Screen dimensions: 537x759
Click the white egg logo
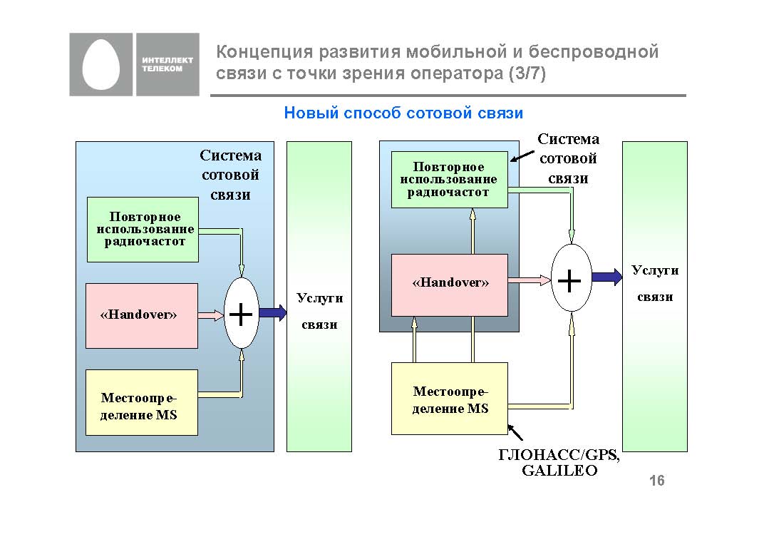point(101,64)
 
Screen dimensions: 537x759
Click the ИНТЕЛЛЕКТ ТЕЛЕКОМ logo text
point(162,64)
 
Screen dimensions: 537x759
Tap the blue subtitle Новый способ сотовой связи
point(403,113)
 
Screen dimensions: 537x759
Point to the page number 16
point(656,481)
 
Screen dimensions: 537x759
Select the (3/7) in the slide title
point(527,74)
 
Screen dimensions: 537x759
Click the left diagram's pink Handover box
point(141,315)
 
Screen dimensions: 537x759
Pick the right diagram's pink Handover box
point(450,284)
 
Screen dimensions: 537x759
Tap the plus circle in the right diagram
point(572,278)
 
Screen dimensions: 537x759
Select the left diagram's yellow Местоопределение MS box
point(141,402)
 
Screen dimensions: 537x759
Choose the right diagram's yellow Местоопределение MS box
point(450,398)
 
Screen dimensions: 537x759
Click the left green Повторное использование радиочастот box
point(143,230)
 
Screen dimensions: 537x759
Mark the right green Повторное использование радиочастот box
point(450,180)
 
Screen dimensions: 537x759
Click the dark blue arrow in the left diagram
point(272,312)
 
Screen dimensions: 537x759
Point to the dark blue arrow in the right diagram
point(606,277)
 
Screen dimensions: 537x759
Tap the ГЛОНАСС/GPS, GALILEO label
point(559,464)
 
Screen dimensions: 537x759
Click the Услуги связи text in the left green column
point(319,311)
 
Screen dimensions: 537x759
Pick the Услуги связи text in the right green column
point(654,284)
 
